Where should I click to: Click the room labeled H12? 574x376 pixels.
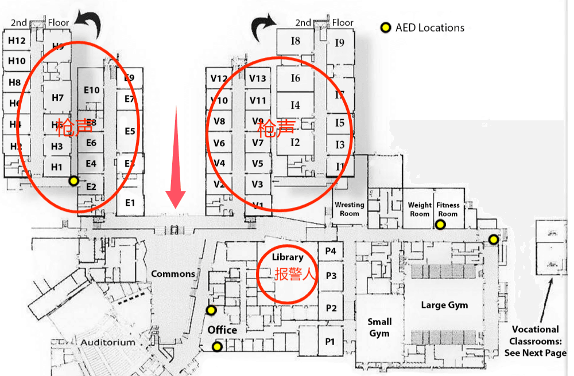coord(17,41)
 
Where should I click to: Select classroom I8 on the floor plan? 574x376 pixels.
coord(295,41)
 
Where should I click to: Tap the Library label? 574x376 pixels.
coord(288,257)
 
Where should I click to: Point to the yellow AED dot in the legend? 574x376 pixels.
coord(386,28)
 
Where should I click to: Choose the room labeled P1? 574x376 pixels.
coord(330,342)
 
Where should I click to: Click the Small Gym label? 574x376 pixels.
coord(379,327)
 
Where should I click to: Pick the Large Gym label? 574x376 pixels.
coord(444,305)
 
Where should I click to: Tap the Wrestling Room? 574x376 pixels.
coord(350,209)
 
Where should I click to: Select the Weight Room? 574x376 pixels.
coord(420,209)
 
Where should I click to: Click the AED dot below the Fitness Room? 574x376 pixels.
coord(440,225)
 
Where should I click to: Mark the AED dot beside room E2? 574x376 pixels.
coord(73,181)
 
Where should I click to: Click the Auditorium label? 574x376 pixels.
coord(108,342)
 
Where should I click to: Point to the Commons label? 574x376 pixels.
coord(173,274)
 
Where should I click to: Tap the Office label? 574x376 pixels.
coord(222,330)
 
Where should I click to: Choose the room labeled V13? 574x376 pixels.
coord(258,79)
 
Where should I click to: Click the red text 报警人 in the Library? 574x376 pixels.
coord(295,275)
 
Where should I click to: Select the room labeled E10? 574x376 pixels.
coord(91,89)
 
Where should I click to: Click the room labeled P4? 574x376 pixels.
coord(331,251)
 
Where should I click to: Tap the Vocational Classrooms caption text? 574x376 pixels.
coord(535,340)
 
